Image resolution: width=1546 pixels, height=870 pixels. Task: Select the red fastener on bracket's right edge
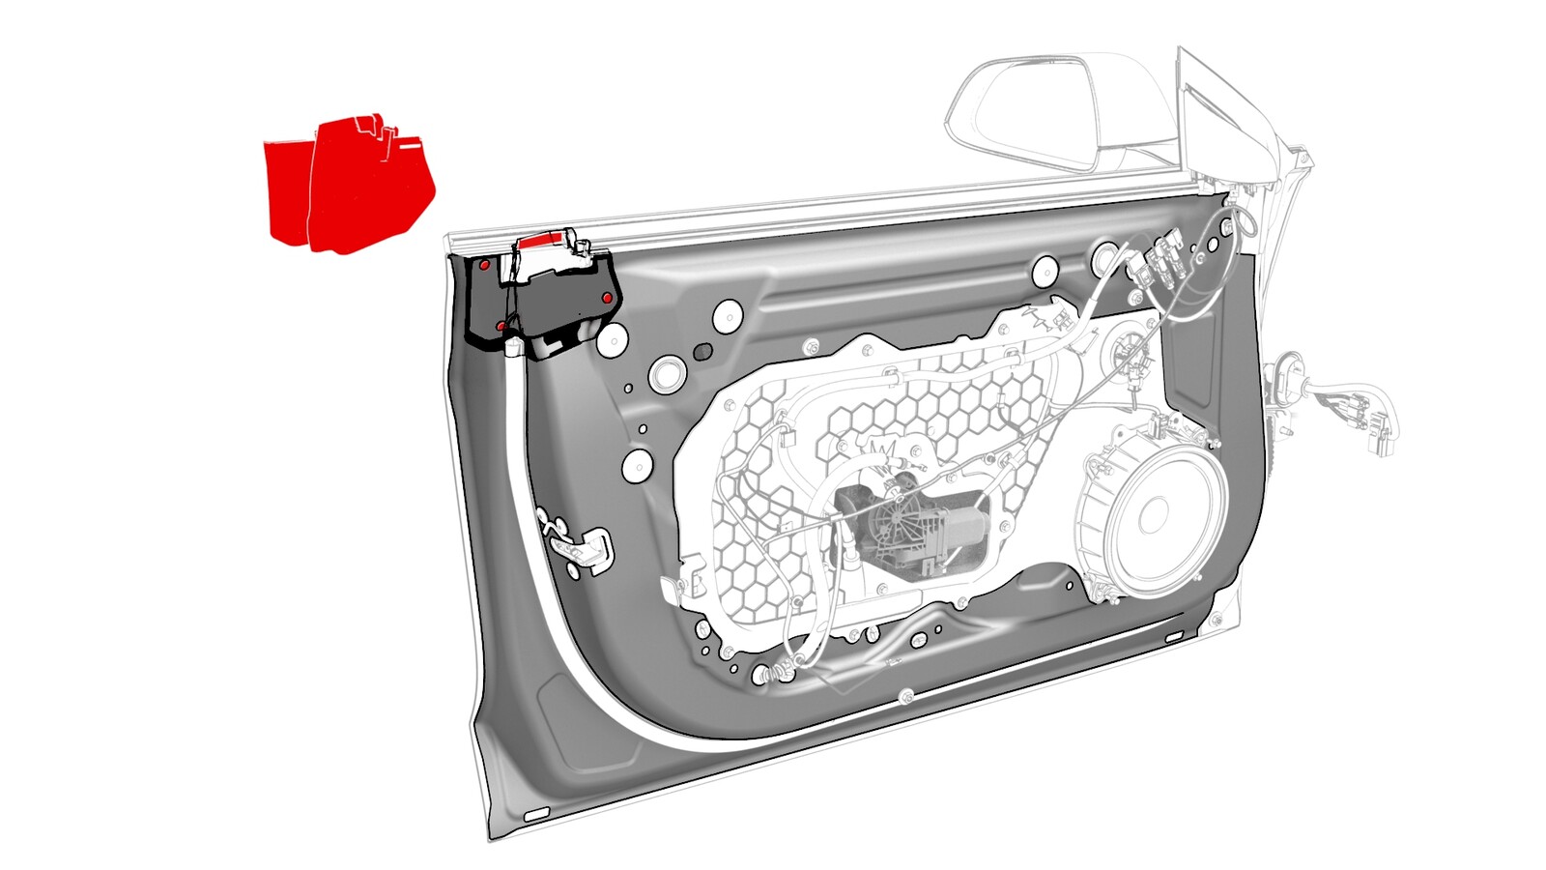[607, 298]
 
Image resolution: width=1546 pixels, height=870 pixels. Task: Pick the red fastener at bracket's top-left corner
[484, 263]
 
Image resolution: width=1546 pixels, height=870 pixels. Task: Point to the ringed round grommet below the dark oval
[666, 373]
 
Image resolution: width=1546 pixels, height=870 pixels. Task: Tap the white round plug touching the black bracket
[613, 339]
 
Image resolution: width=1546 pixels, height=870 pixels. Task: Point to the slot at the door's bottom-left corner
[534, 817]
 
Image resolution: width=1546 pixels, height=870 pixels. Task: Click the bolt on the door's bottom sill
[906, 695]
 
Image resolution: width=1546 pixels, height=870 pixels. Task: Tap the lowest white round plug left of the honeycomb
[635, 466]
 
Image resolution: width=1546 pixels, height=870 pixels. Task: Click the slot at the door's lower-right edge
[1173, 638]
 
